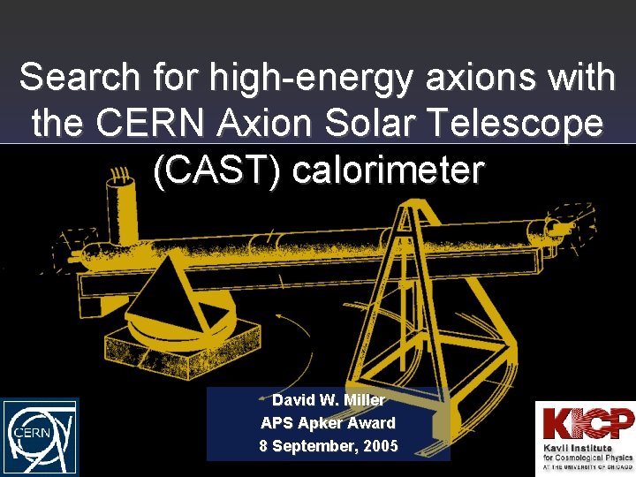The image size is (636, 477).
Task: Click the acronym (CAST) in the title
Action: pyautogui.click(x=216, y=170)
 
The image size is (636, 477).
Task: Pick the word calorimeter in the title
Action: pyautogui.click(x=388, y=170)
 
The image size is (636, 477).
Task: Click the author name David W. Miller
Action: pyautogui.click(x=329, y=400)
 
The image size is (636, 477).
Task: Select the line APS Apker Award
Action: pyautogui.click(x=328, y=423)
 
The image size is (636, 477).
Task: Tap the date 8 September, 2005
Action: pyautogui.click(x=328, y=446)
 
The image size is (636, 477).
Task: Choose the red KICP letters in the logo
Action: pyautogui.click(x=587, y=423)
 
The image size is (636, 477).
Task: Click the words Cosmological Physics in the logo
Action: pyautogui.click(x=591, y=458)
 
